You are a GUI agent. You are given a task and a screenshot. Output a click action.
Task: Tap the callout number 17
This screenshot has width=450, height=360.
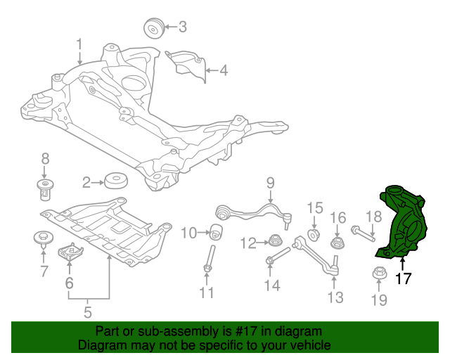pos(403,278)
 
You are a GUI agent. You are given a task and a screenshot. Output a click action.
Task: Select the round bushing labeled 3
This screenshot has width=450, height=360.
pos(153,29)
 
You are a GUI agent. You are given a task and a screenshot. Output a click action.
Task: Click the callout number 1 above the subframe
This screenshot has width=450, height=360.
pos(79,44)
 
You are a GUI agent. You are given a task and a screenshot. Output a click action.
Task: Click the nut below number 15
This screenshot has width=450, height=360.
pos(314,233)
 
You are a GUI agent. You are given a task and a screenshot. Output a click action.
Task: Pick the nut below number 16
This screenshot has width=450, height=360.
pos(338,243)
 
